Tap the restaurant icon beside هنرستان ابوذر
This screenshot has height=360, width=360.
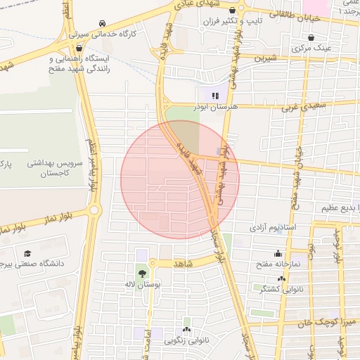click(215, 95)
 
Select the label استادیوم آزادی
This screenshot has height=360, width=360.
click(274, 229)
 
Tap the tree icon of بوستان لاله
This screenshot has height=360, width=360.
click(143, 271)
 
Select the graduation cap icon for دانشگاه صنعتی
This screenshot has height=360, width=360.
click(27, 253)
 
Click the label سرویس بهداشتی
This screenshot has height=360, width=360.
click(56, 163)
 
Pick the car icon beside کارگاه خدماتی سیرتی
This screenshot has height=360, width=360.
click(103, 22)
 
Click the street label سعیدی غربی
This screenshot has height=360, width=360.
click(301, 107)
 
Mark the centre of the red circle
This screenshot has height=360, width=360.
click(180, 180)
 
